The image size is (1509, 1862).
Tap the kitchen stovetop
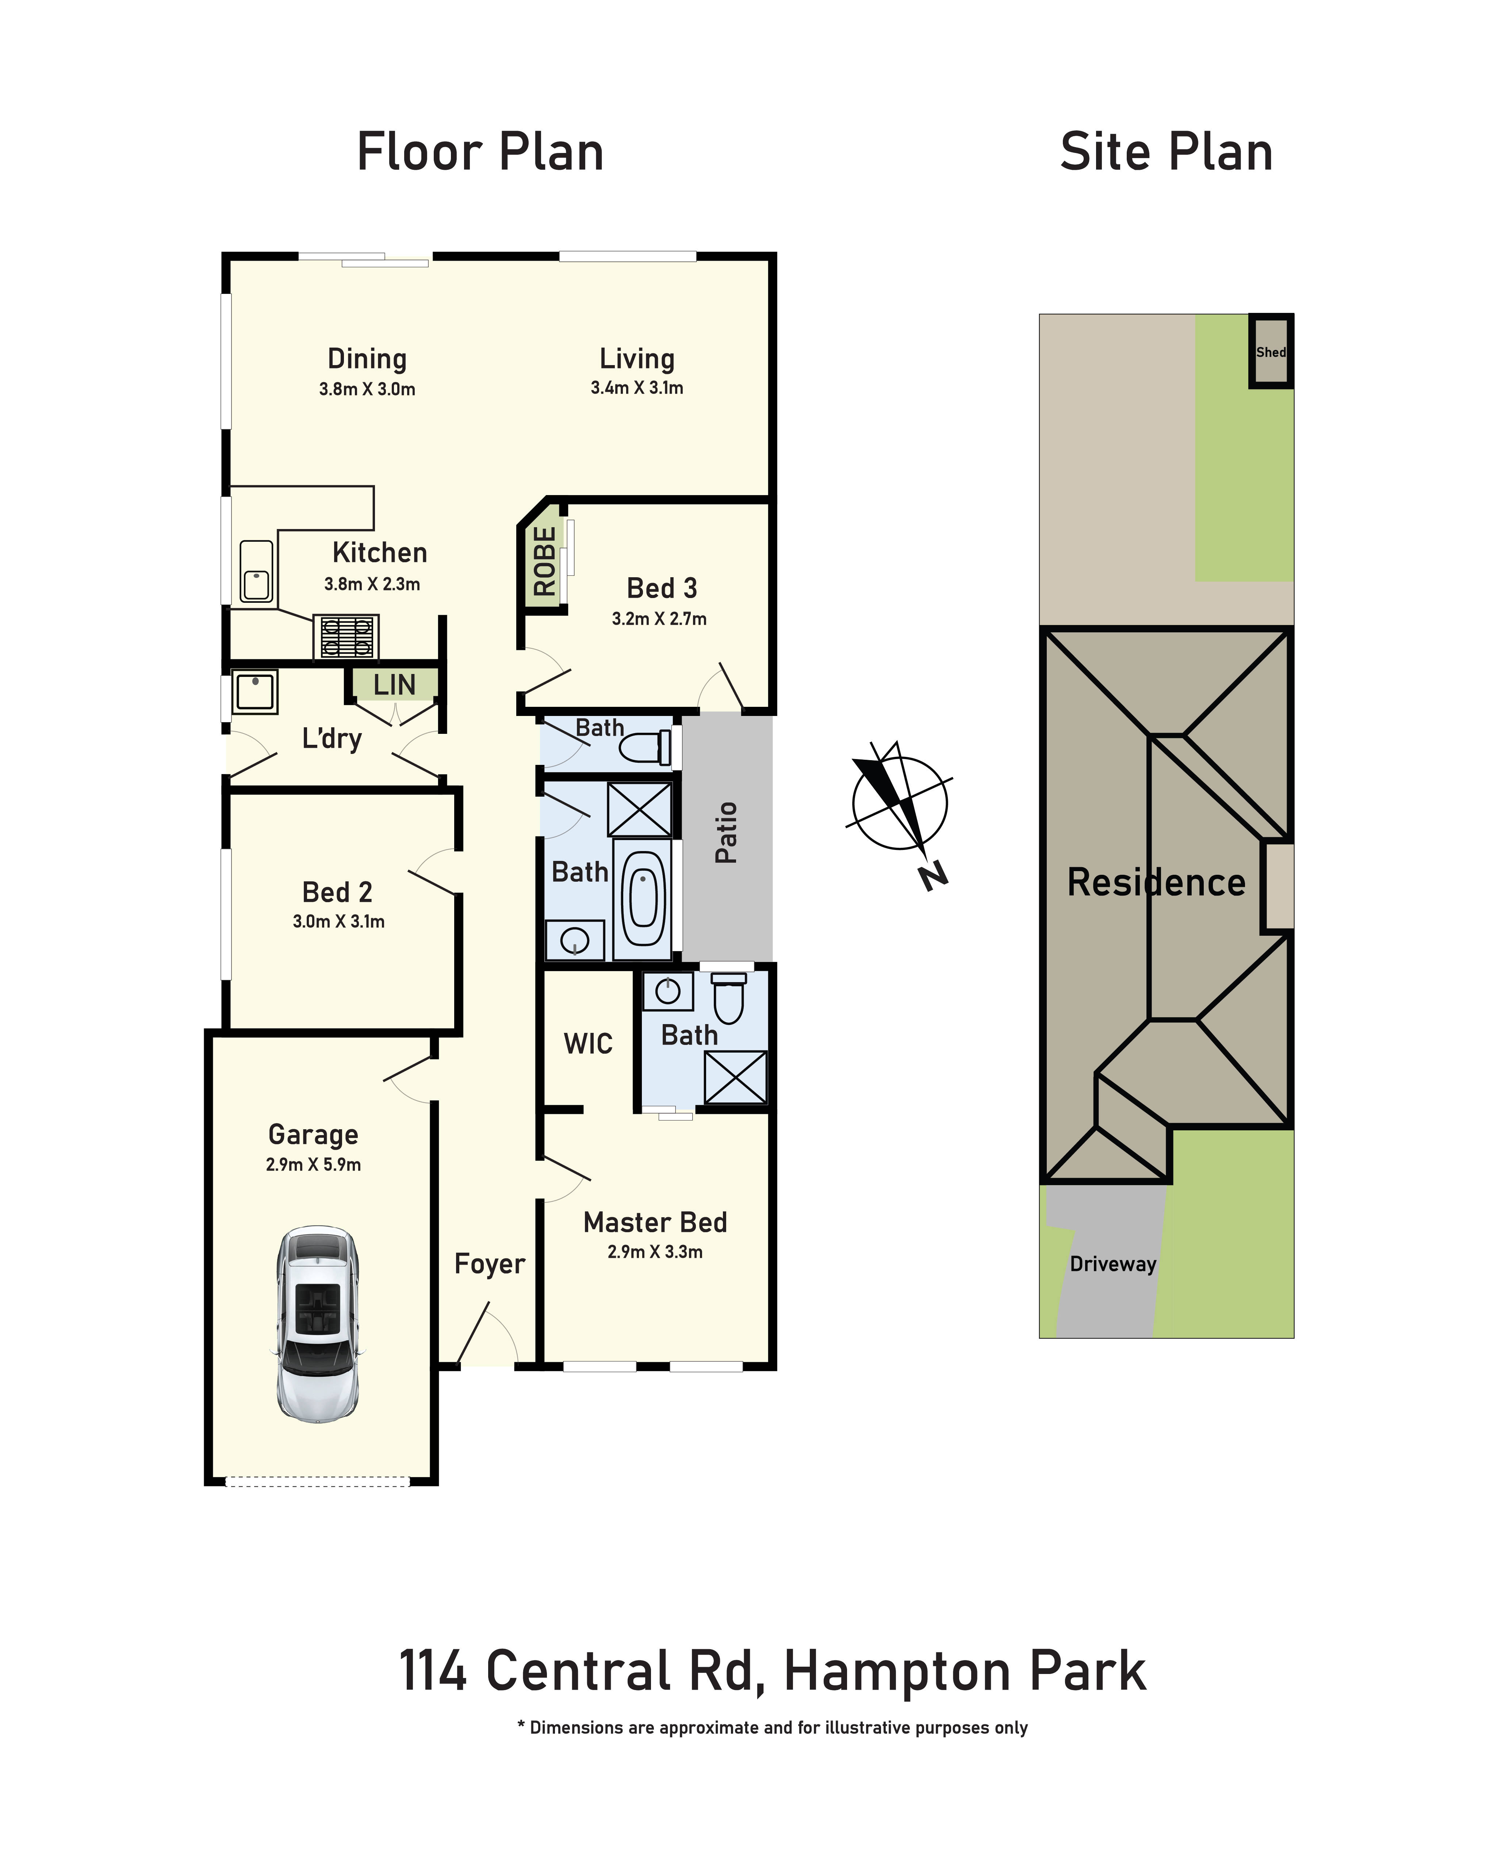click(x=346, y=636)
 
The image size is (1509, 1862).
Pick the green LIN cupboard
click(x=394, y=684)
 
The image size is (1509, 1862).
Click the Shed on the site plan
click(x=1271, y=351)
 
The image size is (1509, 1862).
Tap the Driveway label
click(x=1112, y=1264)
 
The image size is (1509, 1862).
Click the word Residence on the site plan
click(x=1156, y=882)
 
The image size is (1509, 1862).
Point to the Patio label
click(x=726, y=833)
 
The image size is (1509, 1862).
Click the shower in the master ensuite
click(x=735, y=1077)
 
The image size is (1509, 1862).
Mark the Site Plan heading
click(x=1167, y=152)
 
